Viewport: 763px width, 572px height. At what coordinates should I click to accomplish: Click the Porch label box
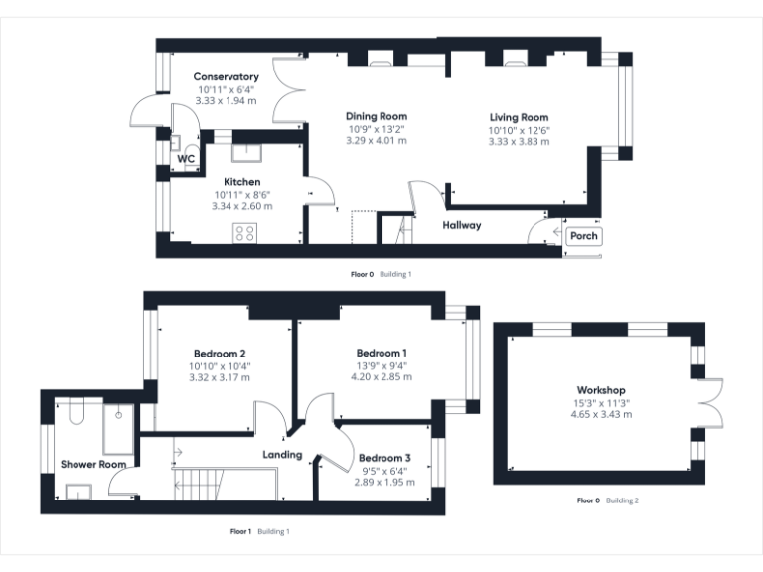click(x=583, y=236)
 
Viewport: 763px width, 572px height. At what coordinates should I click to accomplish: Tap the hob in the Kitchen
click(x=243, y=233)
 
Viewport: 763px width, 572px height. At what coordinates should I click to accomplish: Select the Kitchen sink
click(x=244, y=152)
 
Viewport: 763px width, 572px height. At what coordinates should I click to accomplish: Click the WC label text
click(x=186, y=159)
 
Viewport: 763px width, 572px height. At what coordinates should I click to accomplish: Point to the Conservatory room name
click(x=226, y=77)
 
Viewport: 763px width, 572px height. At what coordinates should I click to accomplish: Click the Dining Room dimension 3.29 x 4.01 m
click(x=377, y=141)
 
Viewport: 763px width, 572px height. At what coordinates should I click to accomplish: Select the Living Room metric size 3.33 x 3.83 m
click(x=519, y=142)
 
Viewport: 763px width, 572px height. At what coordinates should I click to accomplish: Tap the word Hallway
click(x=462, y=225)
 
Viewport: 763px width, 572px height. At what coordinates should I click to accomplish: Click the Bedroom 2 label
click(x=220, y=353)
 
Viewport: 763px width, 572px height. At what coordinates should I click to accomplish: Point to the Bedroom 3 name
click(x=384, y=458)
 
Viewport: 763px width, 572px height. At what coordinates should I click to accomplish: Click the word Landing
click(x=282, y=455)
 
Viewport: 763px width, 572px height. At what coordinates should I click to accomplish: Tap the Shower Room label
click(x=92, y=464)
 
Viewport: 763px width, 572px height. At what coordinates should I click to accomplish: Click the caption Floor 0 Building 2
click(x=607, y=500)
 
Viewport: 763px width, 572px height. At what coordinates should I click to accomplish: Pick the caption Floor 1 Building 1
click(x=260, y=532)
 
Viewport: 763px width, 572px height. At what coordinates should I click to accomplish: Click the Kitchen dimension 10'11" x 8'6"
click(x=241, y=195)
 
